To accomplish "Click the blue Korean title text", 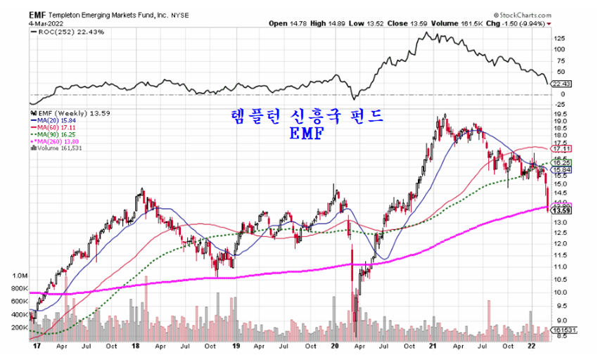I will [x=308, y=117].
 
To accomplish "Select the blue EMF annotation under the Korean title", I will [x=307, y=134].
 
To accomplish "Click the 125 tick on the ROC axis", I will [x=559, y=37].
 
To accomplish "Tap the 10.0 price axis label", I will [x=561, y=292].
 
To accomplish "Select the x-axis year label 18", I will [x=134, y=347].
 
